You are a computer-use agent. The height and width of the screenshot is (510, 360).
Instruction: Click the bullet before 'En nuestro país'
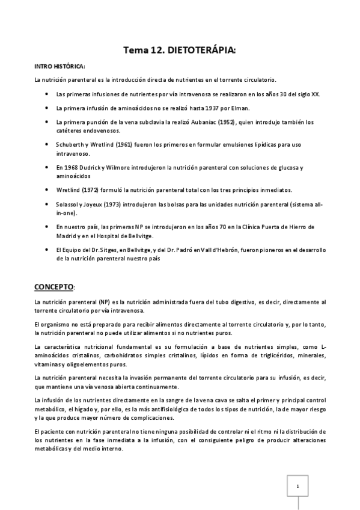[47, 226]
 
